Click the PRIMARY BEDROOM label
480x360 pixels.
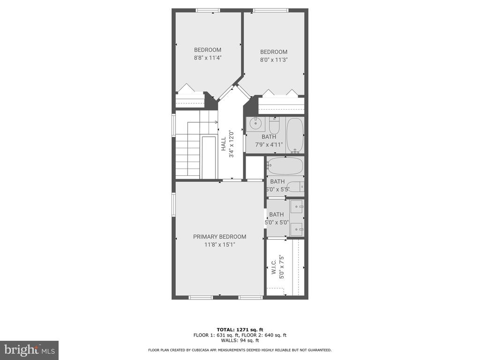(219, 237)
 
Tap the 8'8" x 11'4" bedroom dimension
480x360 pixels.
(208, 58)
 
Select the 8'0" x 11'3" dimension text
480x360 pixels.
(274, 60)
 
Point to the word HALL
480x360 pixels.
(224, 144)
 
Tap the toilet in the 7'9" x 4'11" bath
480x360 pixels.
(274, 126)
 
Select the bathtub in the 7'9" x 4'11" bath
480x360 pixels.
(295, 135)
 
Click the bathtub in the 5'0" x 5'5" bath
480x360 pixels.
(285, 166)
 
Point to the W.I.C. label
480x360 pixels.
(274, 267)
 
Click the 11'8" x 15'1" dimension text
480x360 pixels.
(219, 245)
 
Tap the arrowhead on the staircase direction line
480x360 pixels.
(217, 122)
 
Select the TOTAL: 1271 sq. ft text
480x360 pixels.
(240, 330)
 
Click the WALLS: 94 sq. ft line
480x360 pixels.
(240, 340)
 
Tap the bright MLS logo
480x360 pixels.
(30, 350)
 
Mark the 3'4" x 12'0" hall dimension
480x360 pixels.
(232, 144)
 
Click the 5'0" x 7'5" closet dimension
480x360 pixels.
(282, 267)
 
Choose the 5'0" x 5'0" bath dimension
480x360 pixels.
(277, 223)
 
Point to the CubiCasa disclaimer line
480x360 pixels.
(240, 350)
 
